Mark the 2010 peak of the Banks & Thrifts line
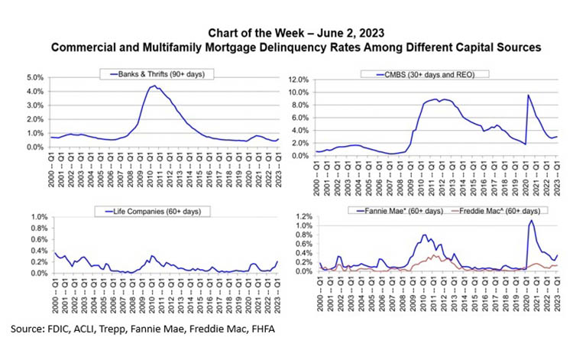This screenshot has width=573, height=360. pos(154,86)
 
